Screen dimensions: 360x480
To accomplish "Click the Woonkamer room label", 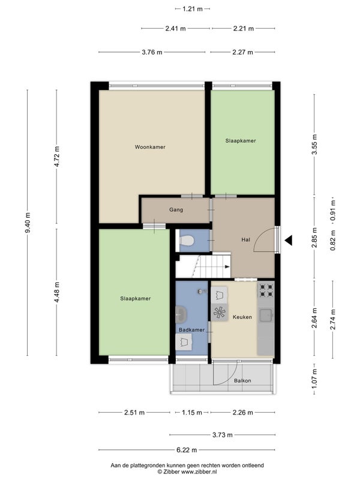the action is point(150,147).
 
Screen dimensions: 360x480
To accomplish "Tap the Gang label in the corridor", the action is point(176,209).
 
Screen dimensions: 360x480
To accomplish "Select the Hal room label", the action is point(245,239).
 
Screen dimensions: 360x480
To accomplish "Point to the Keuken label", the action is point(242,317).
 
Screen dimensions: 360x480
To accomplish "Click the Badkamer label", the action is point(191,329).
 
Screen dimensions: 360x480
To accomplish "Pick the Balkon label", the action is point(242,380).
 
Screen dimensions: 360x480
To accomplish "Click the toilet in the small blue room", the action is point(186,241).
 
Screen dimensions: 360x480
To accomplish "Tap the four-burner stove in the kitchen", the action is point(266,290).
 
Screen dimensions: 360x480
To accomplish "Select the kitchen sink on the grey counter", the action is point(266,316).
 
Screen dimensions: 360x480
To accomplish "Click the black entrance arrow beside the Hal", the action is point(289,241).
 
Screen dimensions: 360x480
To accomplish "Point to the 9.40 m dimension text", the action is point(28,223).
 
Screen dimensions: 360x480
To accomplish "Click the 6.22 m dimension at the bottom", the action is point(187,450).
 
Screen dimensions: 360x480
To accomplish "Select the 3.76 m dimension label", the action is point(152,52).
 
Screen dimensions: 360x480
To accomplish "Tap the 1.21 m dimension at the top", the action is point(193,9).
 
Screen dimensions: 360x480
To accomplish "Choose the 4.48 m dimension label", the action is point(56,292).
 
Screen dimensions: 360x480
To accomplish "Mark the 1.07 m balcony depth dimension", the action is point(314,379).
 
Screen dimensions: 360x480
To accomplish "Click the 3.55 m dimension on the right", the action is point(314,145).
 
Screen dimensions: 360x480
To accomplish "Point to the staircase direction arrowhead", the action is point(227,266).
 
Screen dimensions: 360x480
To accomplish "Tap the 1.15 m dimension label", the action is point(192,413).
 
